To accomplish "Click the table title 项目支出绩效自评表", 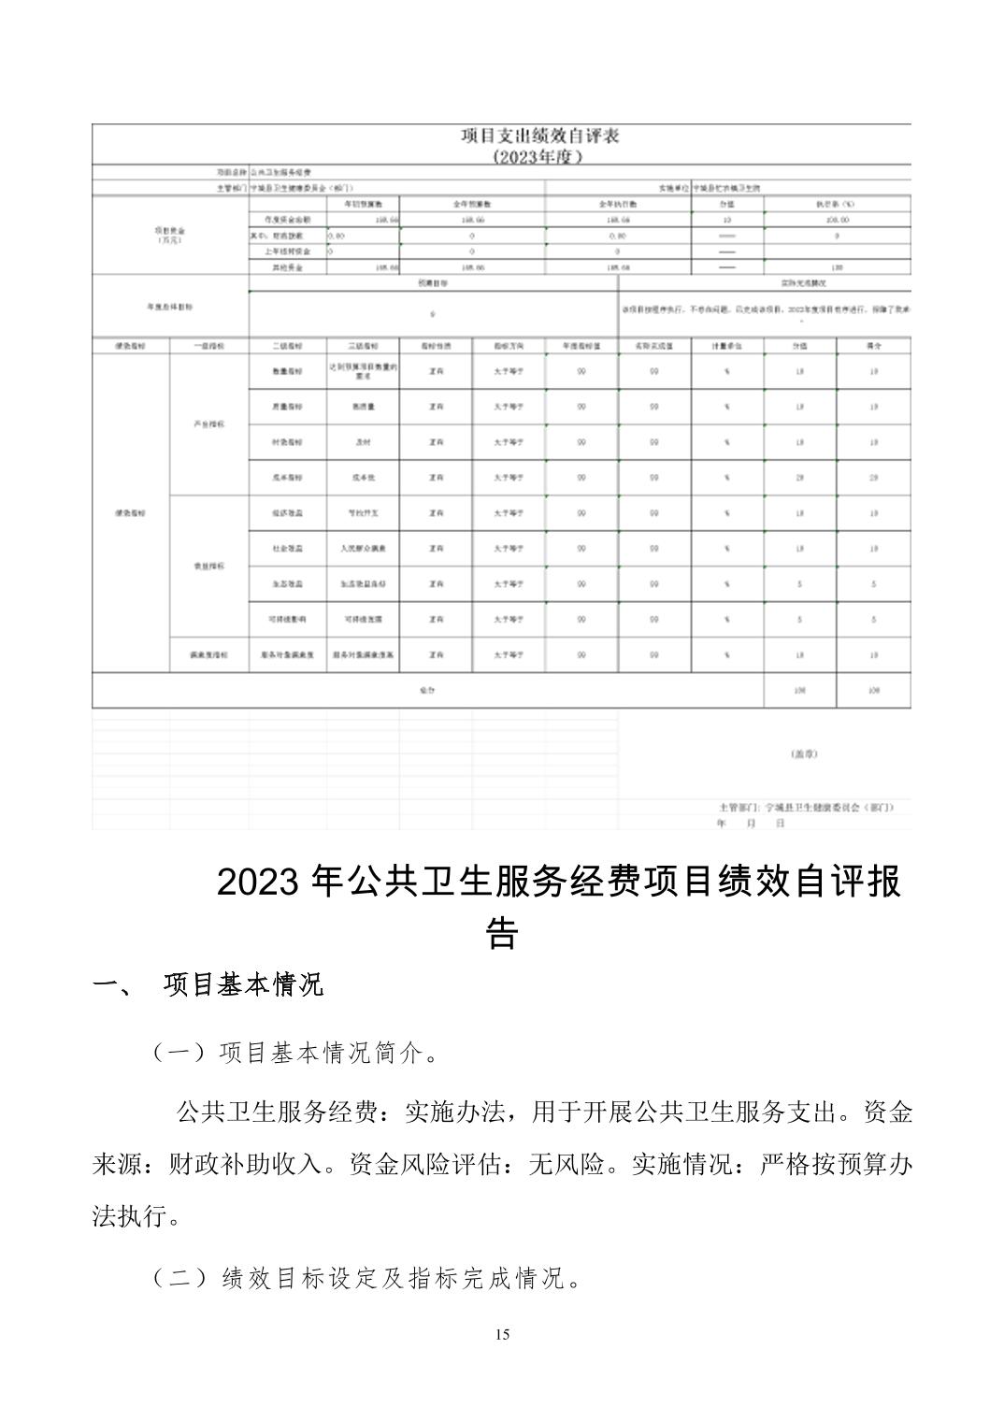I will (x=540, y=136).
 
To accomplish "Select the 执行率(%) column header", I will (x=837, y=203).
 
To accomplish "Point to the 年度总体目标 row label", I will (x=169, y=306).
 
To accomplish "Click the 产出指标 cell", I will (x=208, y=424).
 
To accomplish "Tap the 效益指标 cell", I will (x=208, y=567).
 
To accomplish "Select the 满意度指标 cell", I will (x=208, y=655).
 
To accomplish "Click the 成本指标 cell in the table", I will (x=287, y=478).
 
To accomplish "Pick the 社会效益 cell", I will (x=287, y=549).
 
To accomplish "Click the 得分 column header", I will (x=873, y=346).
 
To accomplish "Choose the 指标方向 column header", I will (x=509, y=346).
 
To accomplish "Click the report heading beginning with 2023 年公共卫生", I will (x=558, y=883).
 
